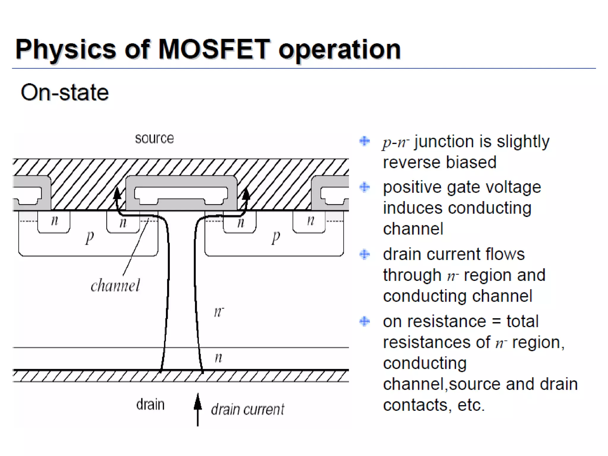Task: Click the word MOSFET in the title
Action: point(214,49)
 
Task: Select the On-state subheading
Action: point(65,92)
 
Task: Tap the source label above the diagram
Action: point(154,139)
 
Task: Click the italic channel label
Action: point(115,286)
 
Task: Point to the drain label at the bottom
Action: point(150,405)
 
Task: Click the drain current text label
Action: point(248,410)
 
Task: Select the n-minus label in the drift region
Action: point(218,312)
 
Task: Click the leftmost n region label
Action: point(54,221)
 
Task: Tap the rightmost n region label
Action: point(311,221)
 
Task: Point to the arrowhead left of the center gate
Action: point(117,193)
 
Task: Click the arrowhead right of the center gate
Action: point(246,194)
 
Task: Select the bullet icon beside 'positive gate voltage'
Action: point(365,187)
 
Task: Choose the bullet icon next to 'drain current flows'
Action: point(365,254)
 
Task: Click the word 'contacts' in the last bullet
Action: point(415,405)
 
